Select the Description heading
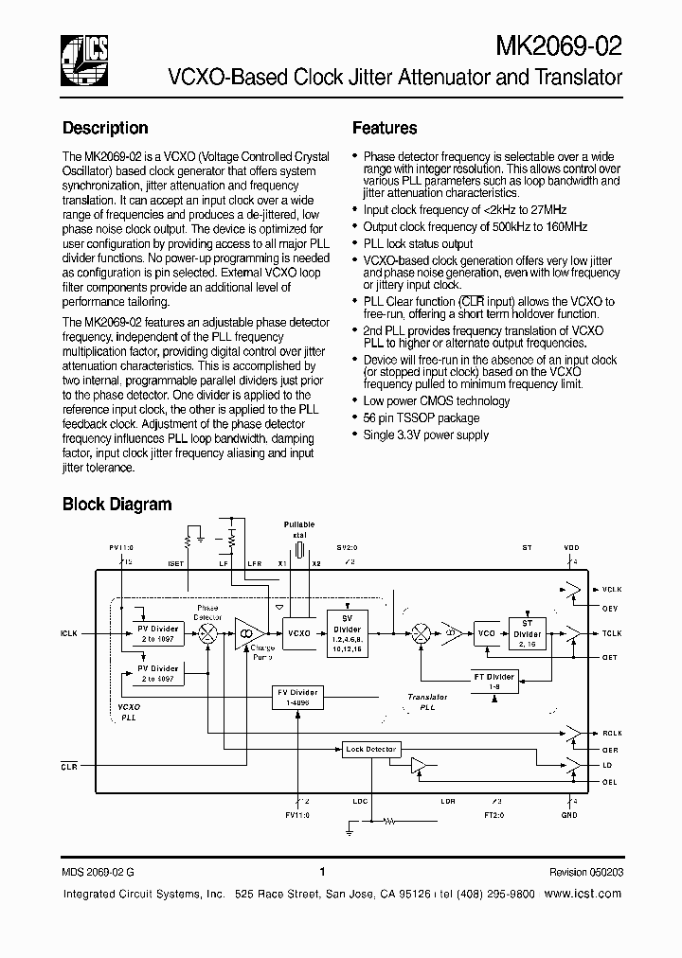tap(105, 128)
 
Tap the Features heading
tap(385, 128)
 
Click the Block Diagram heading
tap(117, 505)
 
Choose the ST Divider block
tap(527, 633)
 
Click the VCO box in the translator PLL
tap(486, 632)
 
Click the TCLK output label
tap(612, 632)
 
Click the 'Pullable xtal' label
tap(299, 529)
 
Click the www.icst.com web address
tap(583, 894)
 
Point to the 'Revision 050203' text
tap(585, 872)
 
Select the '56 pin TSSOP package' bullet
tap(422, 417)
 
